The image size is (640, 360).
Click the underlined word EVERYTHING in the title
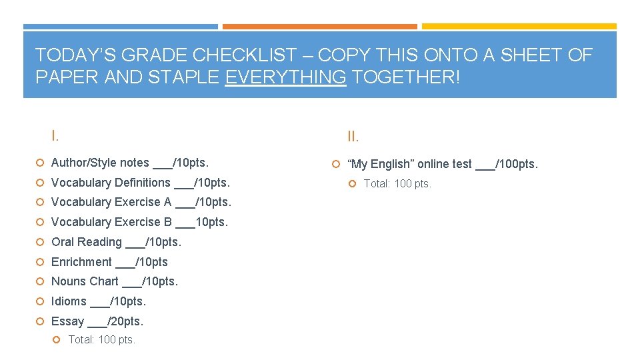285,77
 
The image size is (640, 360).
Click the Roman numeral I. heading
55,136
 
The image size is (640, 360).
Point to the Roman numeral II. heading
353,137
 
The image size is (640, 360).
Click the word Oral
63,242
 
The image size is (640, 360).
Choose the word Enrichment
81,262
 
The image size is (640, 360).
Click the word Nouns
67,281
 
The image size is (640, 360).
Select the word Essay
67,321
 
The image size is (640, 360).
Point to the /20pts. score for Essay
125,321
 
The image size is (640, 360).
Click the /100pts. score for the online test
517,164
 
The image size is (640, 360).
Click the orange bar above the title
319,27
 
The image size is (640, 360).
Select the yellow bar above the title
519,27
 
